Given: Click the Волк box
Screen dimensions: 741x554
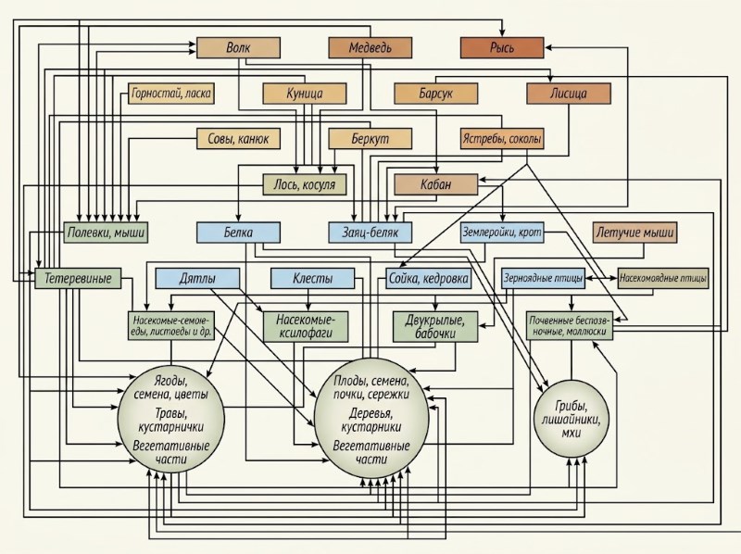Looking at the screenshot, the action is click(x=238, y=48).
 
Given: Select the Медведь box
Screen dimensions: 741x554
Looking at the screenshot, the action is click(x=370, y=48).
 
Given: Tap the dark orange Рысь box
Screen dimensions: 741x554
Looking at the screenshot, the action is click(x=502, y=48).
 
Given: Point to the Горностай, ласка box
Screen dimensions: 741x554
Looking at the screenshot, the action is click(x=171, y=94).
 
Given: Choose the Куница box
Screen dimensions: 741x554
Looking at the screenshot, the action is click(x=305, y=94).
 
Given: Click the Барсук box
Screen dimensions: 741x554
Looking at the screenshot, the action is click(x=435, y=94).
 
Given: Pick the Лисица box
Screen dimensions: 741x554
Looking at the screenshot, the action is click(x=569, y=94).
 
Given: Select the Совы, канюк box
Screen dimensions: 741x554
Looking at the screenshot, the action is click(x=238, y=139).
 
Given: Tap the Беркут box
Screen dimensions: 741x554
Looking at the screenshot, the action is click(x=370, y=139).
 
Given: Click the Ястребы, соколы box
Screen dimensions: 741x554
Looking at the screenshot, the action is click(x=502, y=139).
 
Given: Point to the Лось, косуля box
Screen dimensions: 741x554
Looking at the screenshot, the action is click(x=305, y=184).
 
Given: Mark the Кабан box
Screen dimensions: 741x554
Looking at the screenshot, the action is click(x=435, y=184).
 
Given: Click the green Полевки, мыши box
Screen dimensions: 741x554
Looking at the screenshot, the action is click(x=106, y=233).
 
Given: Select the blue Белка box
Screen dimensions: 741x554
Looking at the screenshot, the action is click(x=238, y=233).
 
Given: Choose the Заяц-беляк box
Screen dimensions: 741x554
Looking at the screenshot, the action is click(x=370, y=233).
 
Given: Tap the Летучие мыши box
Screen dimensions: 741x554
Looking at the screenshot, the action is click(x=634, y=233).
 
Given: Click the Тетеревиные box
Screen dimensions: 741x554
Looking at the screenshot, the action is click(x=78, y=278).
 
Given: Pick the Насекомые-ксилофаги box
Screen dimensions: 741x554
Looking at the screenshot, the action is click(x=306, y=327).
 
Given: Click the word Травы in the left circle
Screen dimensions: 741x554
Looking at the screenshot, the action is click(x=170, y=414).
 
